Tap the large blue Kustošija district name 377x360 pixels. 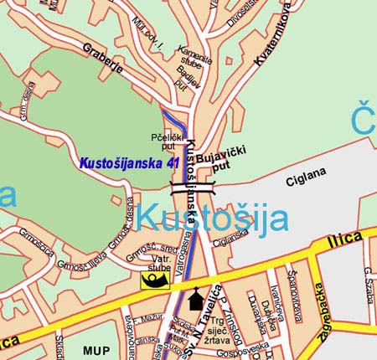212,219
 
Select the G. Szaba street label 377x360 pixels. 367,285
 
